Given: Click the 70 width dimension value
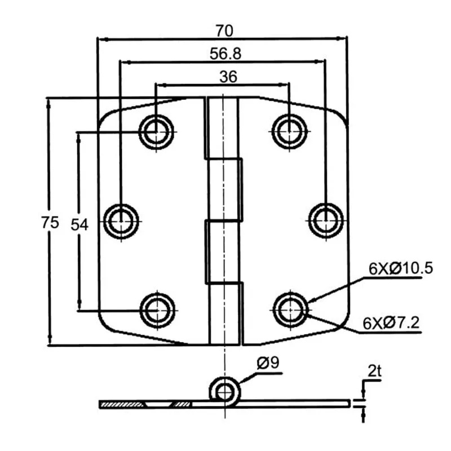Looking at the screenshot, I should (x=224, y=30).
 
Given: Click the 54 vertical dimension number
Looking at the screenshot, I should (x=79, y=224).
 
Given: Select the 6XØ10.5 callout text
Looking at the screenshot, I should (x=401, y=269).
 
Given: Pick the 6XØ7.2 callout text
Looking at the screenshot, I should (x=391, y=323).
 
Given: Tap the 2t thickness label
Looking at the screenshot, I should (x=374, y=371).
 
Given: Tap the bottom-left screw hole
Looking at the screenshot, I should (x=157, y=309).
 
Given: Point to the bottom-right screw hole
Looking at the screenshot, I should (x=290, y=309).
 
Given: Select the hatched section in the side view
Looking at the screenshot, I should (x=121, y=404).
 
